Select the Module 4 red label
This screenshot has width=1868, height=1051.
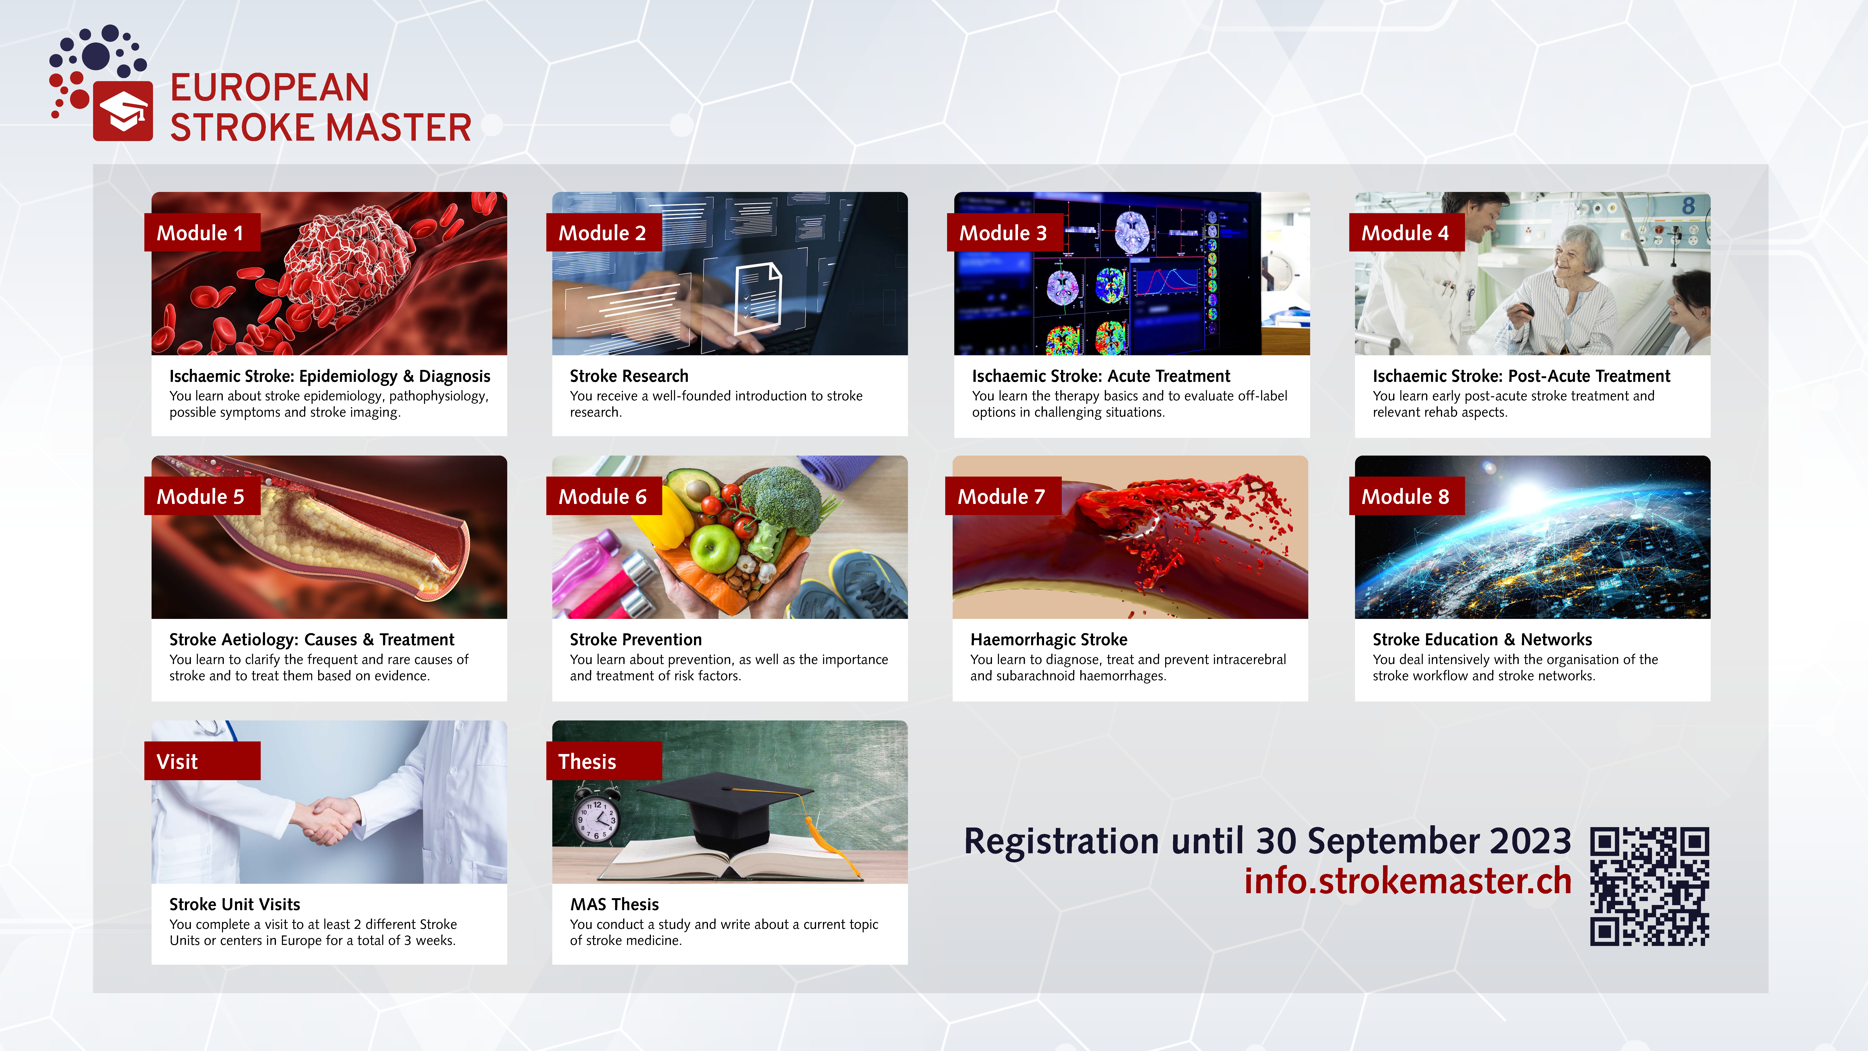pos(1406,233)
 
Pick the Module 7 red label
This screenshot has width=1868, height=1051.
pos(1003,496)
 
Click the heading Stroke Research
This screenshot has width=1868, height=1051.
pos(629,376)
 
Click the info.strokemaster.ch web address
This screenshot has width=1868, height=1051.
pos(1408,880)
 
